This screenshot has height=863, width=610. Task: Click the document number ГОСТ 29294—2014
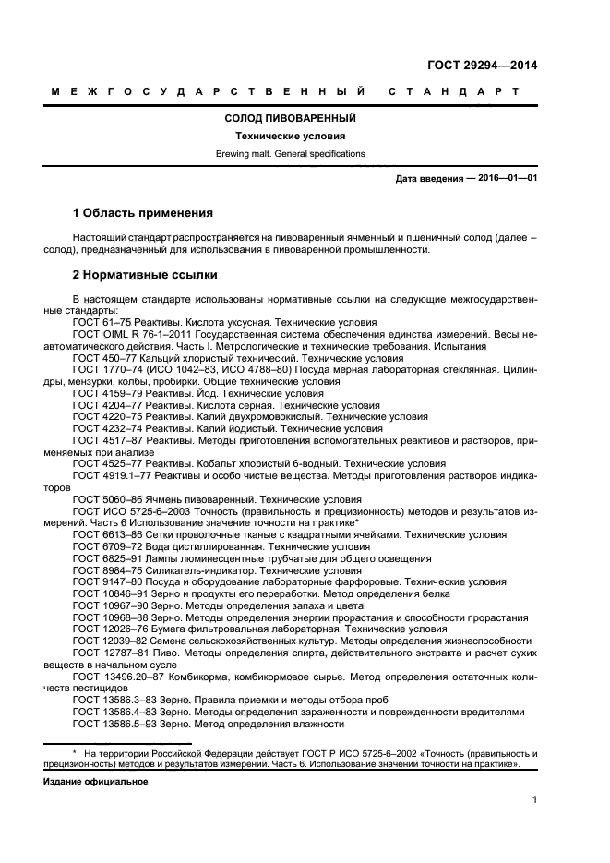pos(482,66)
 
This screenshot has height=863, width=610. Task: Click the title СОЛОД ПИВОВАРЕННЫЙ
pos(290,118)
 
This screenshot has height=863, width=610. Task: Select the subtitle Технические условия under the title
pos(290,136)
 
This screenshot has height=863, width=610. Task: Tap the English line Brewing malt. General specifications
pos(290,153)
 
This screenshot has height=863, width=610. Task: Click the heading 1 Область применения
pos(143,212)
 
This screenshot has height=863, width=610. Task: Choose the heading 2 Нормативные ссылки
pos(145,275)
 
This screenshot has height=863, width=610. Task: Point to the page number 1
pos(534,801)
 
